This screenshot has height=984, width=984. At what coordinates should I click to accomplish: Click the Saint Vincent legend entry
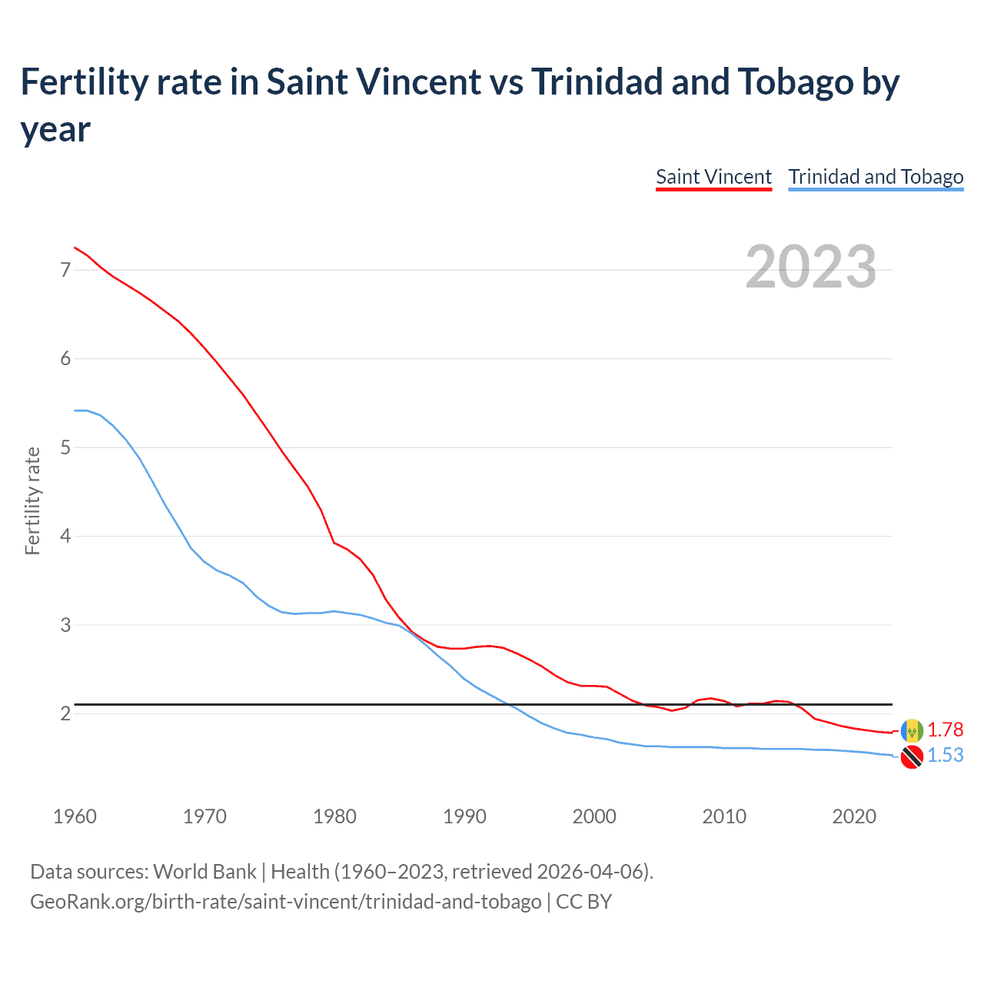[713, 177]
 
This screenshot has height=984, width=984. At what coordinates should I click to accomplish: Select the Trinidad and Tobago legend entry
[876, 177]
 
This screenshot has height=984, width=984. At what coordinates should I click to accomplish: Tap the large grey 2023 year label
[811, 267]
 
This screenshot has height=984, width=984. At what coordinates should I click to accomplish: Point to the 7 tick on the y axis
[65, 270]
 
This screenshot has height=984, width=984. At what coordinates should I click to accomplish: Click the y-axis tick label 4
[65, 536]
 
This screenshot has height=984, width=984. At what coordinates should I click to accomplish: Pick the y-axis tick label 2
[65, 713]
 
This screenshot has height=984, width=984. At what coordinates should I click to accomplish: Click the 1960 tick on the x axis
[75, 816]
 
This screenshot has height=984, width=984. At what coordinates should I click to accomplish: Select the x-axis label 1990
[464, 816]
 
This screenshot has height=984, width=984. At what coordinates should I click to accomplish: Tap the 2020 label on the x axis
[854, 816]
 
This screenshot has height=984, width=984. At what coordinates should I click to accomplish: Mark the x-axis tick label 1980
[334, 816]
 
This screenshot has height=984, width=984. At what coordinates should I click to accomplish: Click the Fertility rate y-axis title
[32, 500]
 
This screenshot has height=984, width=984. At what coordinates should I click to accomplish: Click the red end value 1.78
[945, 730]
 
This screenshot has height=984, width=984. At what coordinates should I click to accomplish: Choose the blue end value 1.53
[945, 755]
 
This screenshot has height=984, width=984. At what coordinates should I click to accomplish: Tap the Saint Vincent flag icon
[912, 730]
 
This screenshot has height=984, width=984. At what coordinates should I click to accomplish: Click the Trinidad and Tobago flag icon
[912, 756]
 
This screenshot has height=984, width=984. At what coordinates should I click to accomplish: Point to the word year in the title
[55, 129]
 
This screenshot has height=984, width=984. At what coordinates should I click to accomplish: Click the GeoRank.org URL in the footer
[285, 901]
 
